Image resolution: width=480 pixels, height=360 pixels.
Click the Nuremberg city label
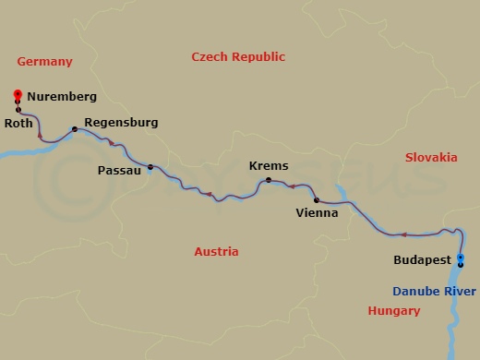62,95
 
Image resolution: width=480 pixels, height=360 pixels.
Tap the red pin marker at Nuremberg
18,94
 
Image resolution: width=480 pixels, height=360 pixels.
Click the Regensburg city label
120,122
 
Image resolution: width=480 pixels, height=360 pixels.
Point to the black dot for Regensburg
75,129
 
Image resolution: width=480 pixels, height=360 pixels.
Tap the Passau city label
119,170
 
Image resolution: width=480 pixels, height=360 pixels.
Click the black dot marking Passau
150,167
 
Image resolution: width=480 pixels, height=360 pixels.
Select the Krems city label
269,166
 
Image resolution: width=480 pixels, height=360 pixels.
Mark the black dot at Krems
269,180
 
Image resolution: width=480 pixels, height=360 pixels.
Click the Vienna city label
317,212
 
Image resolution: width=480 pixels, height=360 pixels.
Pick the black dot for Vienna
317,199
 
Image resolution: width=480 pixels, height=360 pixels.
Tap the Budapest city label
422,260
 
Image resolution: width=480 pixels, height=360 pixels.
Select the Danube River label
435,291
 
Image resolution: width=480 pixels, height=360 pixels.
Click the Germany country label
44,62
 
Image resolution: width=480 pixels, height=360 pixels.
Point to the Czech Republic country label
238,57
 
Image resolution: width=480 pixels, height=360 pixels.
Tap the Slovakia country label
431,158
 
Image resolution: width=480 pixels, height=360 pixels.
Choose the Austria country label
216,252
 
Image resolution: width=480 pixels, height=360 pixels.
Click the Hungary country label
394,311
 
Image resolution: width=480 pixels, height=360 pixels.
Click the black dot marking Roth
18,110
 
